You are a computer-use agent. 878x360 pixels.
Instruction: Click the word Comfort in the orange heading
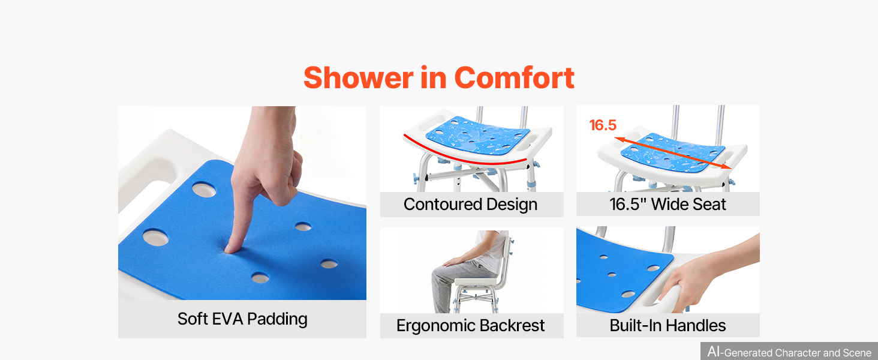coord(514,77)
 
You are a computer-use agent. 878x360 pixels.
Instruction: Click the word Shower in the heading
coord(358,77)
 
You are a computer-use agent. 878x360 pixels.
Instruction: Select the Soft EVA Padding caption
coord(242,319)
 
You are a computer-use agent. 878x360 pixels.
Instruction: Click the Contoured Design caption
coord(470,205)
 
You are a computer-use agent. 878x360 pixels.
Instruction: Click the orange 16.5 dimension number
coord(603,125)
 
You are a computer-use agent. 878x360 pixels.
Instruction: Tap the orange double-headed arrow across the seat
coord(673,153)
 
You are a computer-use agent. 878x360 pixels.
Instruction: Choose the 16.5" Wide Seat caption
coord(667,205)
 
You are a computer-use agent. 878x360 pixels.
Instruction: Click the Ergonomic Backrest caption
coord(470,325)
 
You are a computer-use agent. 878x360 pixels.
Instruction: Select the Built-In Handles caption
coord(667,325)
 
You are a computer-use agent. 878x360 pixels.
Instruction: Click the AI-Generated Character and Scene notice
coord(789,352)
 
